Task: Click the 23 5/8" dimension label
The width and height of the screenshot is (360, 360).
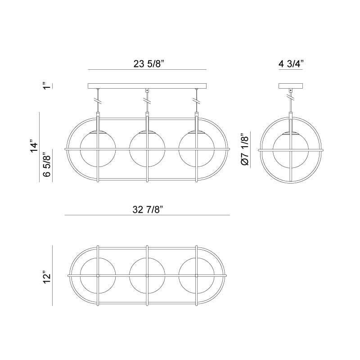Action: pyautogui.click(x=147, y=64)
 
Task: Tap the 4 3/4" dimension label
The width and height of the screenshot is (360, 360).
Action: pyautogui.click(x=291, y=64)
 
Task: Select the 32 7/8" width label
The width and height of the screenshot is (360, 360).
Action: pyautogui.click(x=147, y=209)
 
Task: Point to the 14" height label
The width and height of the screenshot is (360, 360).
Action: pyautogui.click(x=35, y=147)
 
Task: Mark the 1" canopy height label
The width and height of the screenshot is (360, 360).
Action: pyautogui.click(x=45, y=85)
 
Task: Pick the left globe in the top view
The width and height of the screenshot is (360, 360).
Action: pyautogui.click(x=98, y=275)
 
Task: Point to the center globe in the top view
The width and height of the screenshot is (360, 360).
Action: pyautogui.click(x=147, y=275)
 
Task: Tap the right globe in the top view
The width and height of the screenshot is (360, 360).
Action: pyautogui.click(x=196, y=275)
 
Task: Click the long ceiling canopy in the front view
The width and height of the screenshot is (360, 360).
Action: pyautogui.click(x=147, y=85)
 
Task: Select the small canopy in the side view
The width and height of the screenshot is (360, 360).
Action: pyautogui.click(x=291, y=85)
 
